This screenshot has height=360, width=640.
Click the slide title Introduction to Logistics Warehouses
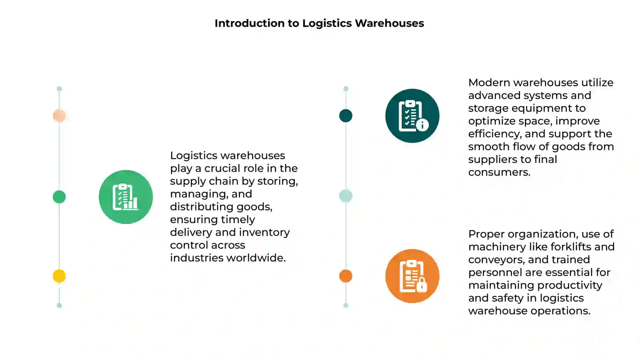tap(319, 23)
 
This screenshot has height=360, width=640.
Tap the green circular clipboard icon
tap(126, 197)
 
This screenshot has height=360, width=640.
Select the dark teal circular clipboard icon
tap(412, 116)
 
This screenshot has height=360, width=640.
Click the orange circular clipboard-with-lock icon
tap(412, 276)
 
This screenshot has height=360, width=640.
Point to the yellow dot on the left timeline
tap(59, 276)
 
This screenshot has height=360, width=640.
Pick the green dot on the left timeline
tap(59, 197)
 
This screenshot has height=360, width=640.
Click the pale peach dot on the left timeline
tap(59, 116)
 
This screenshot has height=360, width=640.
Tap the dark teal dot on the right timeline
tap(346, 116)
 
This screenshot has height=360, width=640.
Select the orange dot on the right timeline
tap(346, 276)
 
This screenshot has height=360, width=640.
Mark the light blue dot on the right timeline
tap(346, 196)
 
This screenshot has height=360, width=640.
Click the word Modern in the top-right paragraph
tap(489, 82)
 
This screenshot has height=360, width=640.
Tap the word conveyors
tap(496, 260)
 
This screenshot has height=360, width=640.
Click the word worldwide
tap(256, 258)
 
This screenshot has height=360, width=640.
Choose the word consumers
tap(499, 172)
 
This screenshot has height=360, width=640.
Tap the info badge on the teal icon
tap(422, 125)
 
